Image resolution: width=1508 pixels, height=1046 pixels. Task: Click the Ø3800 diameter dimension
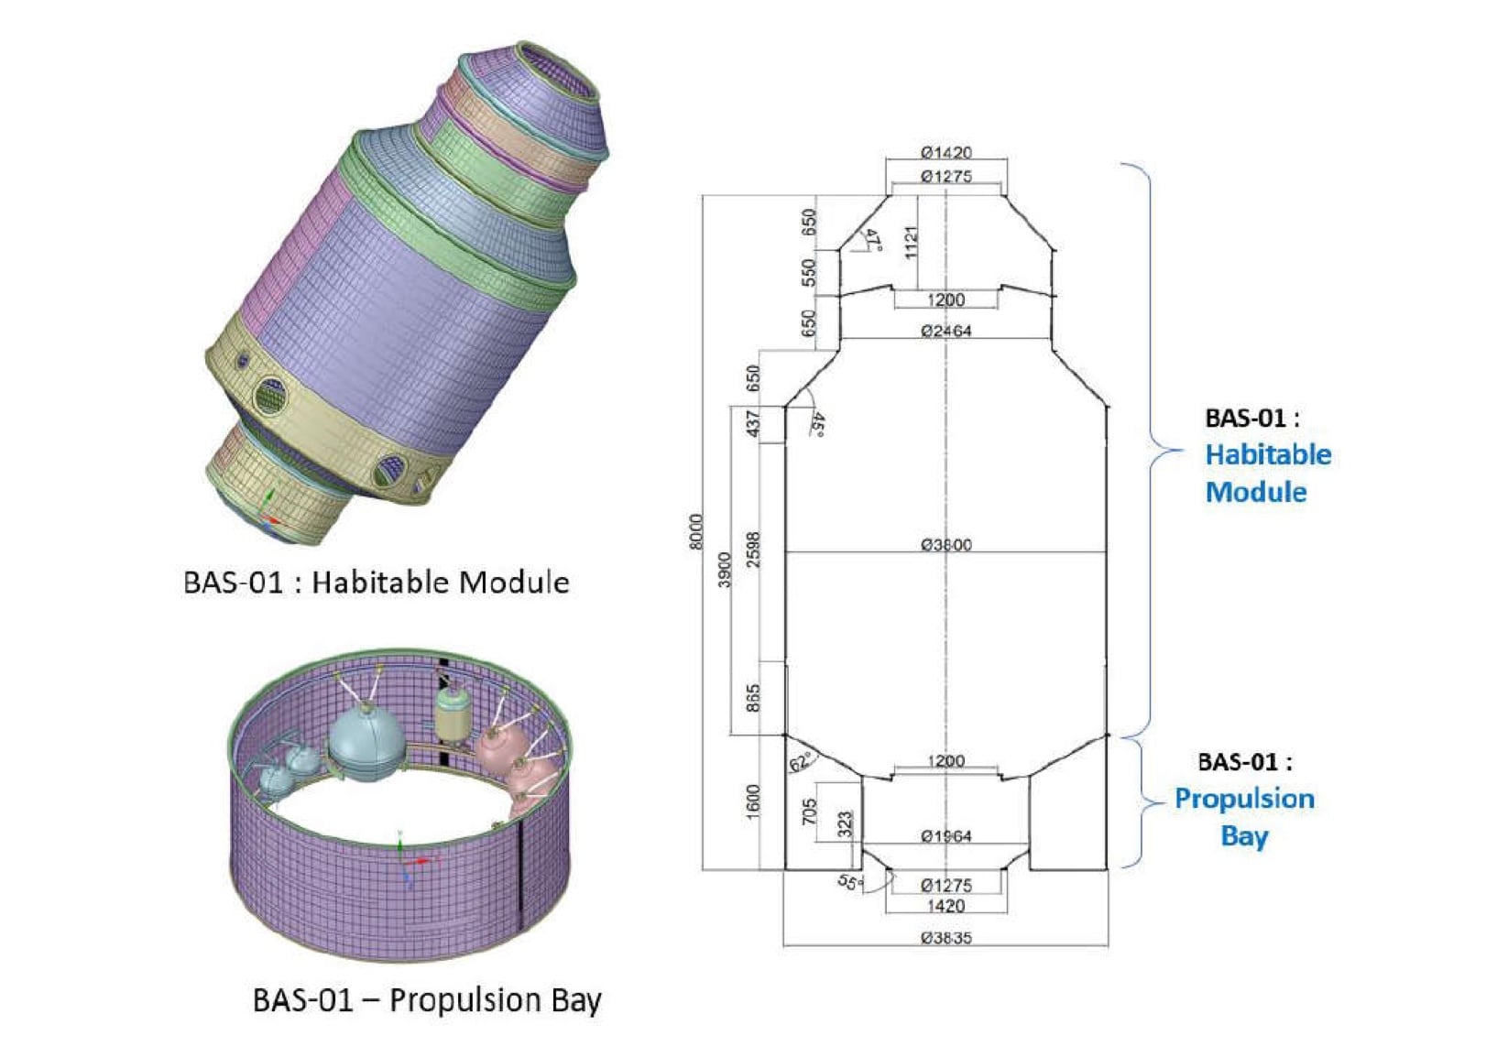tap(945, 544)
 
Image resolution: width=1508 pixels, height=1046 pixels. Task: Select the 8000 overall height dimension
tap(696, 531)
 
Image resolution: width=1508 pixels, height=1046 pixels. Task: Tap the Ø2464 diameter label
tap(945, 330)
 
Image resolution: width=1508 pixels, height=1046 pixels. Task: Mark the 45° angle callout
tap(817, 424)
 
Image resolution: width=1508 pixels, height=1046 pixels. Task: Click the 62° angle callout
tap(800, 761)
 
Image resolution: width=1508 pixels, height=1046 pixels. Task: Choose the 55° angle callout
tap(850, 883)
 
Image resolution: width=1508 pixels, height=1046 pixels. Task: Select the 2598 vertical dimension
tap(753, 550)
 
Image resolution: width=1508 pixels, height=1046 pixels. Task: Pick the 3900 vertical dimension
tap(725, 570)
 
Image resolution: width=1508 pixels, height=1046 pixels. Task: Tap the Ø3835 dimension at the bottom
tap(945, 938)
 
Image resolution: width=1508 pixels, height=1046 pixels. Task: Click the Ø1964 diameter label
tap(945, 835)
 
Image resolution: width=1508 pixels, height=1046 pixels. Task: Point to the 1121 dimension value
tap(911, 243)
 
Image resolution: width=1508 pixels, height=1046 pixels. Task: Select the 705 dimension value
tap(809, 812)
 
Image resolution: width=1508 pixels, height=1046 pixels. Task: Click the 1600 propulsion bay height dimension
tap(753, 802)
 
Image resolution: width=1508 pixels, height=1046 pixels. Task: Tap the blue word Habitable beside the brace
tap(1268, 454)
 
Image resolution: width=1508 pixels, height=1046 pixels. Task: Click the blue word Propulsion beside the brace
tap(1244, 799)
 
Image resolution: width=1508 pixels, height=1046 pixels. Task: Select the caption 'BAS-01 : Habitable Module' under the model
tap(377, 583)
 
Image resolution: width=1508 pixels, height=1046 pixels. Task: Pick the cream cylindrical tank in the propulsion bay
tap(452, 714)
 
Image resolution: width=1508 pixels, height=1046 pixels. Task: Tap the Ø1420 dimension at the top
tap(945, 152)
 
